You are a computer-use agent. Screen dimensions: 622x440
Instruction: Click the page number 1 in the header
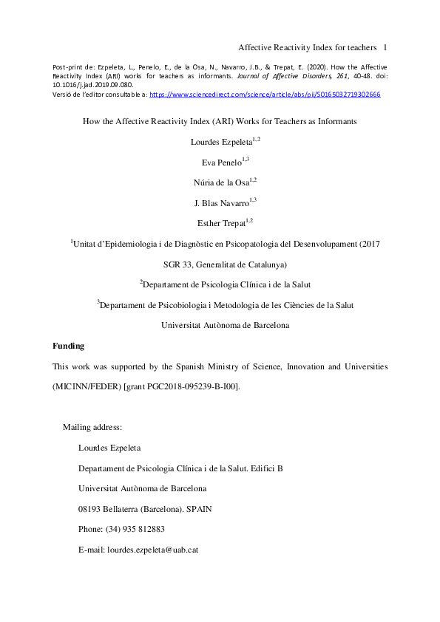point(386,48)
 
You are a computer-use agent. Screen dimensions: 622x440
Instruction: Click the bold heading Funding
point(68,346)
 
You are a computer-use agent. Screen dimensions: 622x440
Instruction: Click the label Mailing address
point(92,427)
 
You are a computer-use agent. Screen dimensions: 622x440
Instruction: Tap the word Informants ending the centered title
point(334,120)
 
